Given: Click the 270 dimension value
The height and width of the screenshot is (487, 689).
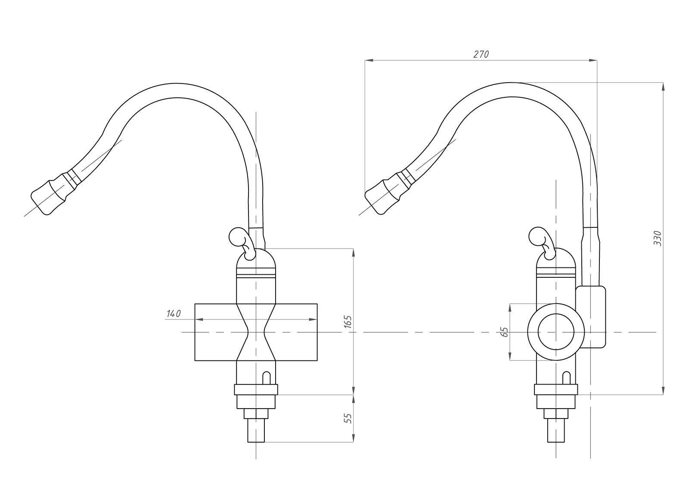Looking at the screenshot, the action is [x=481, y=54].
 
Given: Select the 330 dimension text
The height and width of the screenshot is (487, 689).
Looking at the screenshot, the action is [x=657, y=238].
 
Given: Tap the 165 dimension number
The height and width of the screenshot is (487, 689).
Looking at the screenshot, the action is [x=348, y=322].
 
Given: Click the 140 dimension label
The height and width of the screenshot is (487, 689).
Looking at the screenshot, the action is [x=174, y=314].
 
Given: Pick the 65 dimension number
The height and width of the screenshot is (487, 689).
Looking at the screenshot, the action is [x=504, y=332].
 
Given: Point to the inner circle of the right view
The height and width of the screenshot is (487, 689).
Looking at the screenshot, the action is [x=556, y=332].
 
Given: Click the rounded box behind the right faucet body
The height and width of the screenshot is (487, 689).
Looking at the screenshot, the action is [x=590, y=317].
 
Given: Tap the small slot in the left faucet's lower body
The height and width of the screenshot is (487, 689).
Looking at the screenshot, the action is [x=267, y=378].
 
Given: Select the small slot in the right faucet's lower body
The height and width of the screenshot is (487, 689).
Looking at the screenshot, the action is [x=566, y=378].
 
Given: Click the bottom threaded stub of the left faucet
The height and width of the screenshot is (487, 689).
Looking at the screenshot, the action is [x=256, y=431].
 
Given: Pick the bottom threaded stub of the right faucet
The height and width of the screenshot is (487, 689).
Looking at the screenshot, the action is [x=556, y=431].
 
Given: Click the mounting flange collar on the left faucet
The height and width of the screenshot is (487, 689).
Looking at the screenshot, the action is [x=256, y=390].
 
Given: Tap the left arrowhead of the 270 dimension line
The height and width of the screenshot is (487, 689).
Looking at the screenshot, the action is [x=369, y=60].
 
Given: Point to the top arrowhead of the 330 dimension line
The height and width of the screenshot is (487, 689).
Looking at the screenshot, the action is [x=663, y=87].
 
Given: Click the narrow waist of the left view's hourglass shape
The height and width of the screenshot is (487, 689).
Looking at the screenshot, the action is [x=256, y=332].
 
